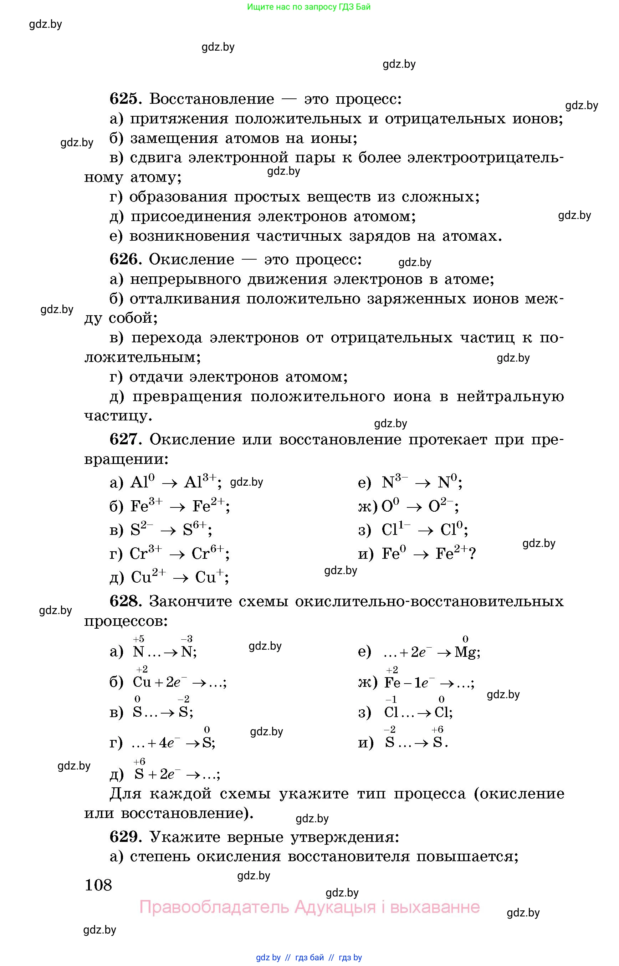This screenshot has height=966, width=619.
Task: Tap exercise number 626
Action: (x=124, y=259)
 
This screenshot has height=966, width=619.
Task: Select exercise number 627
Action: (x=124, y=439)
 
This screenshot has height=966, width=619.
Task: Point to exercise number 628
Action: (x=124, y=602)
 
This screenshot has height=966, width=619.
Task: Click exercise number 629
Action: (x=124, y=837)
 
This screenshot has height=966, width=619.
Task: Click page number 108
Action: (x=98, y=885)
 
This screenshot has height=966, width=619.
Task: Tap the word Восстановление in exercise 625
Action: (x=212, y=99)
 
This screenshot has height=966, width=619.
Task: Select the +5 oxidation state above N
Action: (x=138, y=639)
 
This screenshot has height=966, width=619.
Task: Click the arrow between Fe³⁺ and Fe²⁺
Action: (x=177, y=507)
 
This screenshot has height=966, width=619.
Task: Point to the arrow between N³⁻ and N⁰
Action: (x=423, y=483)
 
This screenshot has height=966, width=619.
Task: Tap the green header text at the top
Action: (x=309, y=7)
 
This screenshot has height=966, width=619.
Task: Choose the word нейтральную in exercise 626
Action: (x=510, y=397)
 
